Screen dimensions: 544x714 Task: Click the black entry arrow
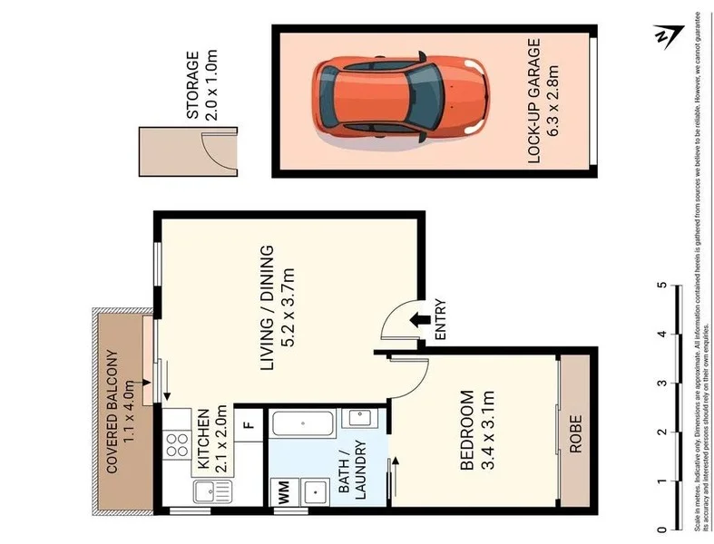[419, 319]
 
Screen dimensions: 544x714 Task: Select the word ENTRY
[441, 320]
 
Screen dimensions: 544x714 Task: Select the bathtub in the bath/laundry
[304, 425]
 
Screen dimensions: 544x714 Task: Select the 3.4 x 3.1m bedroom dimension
[489, 432]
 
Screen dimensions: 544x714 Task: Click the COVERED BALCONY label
[113, 413]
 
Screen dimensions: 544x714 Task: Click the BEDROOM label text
[466, 432]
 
